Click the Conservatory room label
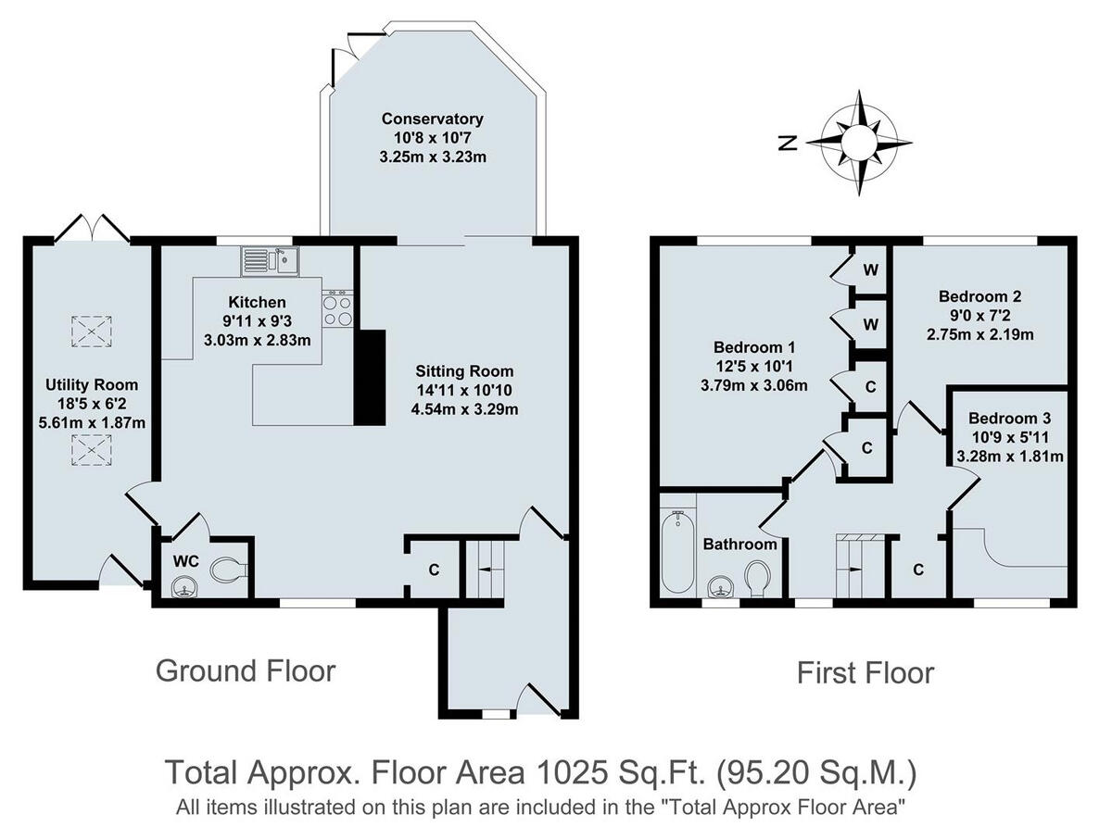pos(432,119)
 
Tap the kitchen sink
pos(271,261)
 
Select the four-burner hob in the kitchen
pos(338,308)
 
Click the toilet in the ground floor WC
pos(227,570)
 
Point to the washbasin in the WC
pos(185,586)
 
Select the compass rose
pos(859,143)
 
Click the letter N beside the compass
pos(788,144)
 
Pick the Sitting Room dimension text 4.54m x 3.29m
pos(464,409)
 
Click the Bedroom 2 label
pos(979,296)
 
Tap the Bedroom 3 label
pos(1010,418)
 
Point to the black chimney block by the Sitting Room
pos(370,378)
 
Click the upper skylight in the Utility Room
pos(91,331)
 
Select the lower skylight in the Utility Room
pos(91,449)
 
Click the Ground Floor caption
pos(246,671)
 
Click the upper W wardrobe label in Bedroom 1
pos(870,270)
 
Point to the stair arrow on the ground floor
pos(485,570)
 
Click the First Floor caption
pos(866,673)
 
